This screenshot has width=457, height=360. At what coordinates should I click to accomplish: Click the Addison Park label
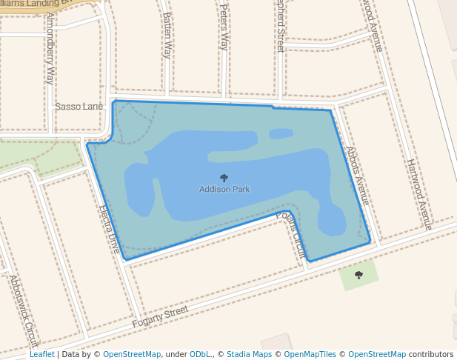click(x=224, y=190)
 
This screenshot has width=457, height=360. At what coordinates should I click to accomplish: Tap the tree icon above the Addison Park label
click(x=224, y=178)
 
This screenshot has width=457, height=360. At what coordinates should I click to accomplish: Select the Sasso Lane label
click(x=79, y=107)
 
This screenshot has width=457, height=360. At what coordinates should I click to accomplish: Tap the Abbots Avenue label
click(x=357, y=176)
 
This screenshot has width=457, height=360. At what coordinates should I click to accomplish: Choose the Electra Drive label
click(x=110, y=230)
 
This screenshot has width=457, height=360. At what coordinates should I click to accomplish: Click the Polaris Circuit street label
click(x=291, y=235)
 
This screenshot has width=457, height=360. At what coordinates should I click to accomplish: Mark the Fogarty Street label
click(x=160, y=317)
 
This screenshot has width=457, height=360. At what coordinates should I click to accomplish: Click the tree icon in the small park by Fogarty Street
click(x=358, y=276)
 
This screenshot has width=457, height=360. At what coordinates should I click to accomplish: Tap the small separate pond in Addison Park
click(x=281, y=134)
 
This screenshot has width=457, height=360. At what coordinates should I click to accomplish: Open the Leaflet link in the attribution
click(x=41, y=355)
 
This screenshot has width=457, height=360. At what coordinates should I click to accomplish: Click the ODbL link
click(x=200, y=355)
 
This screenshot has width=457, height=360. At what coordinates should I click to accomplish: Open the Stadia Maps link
click(x=248, y=355)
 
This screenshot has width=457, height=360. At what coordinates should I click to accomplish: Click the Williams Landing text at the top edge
click(x=37, y=3)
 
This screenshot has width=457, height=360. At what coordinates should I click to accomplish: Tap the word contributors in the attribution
click(x=431, y=355)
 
